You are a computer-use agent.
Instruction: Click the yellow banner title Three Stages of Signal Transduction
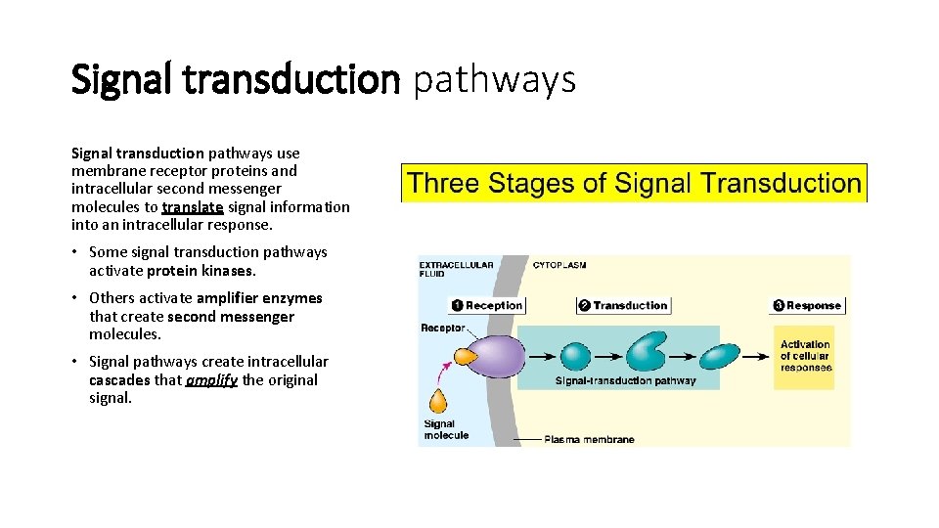click(634, 183)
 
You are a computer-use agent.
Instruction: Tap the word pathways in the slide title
click(494, 80)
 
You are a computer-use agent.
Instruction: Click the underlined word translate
click(193, 207)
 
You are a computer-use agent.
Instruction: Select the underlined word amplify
click(210, 380)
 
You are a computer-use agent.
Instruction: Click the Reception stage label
click(487, 305)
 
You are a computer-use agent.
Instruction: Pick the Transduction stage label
click(623, 305)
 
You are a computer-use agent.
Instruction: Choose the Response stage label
click(807, 305)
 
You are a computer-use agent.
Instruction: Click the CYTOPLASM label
click(559, 264)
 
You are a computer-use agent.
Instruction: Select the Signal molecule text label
click(446, 429)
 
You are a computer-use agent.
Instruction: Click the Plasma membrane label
click(589, 439)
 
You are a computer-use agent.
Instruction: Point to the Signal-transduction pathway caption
click(625, 380)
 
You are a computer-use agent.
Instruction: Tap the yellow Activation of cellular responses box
click(805, 356)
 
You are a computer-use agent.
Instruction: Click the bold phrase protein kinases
click(201, 271)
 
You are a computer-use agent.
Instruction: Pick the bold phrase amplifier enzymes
click(259, 298)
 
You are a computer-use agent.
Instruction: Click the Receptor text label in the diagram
click(442, 328)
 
